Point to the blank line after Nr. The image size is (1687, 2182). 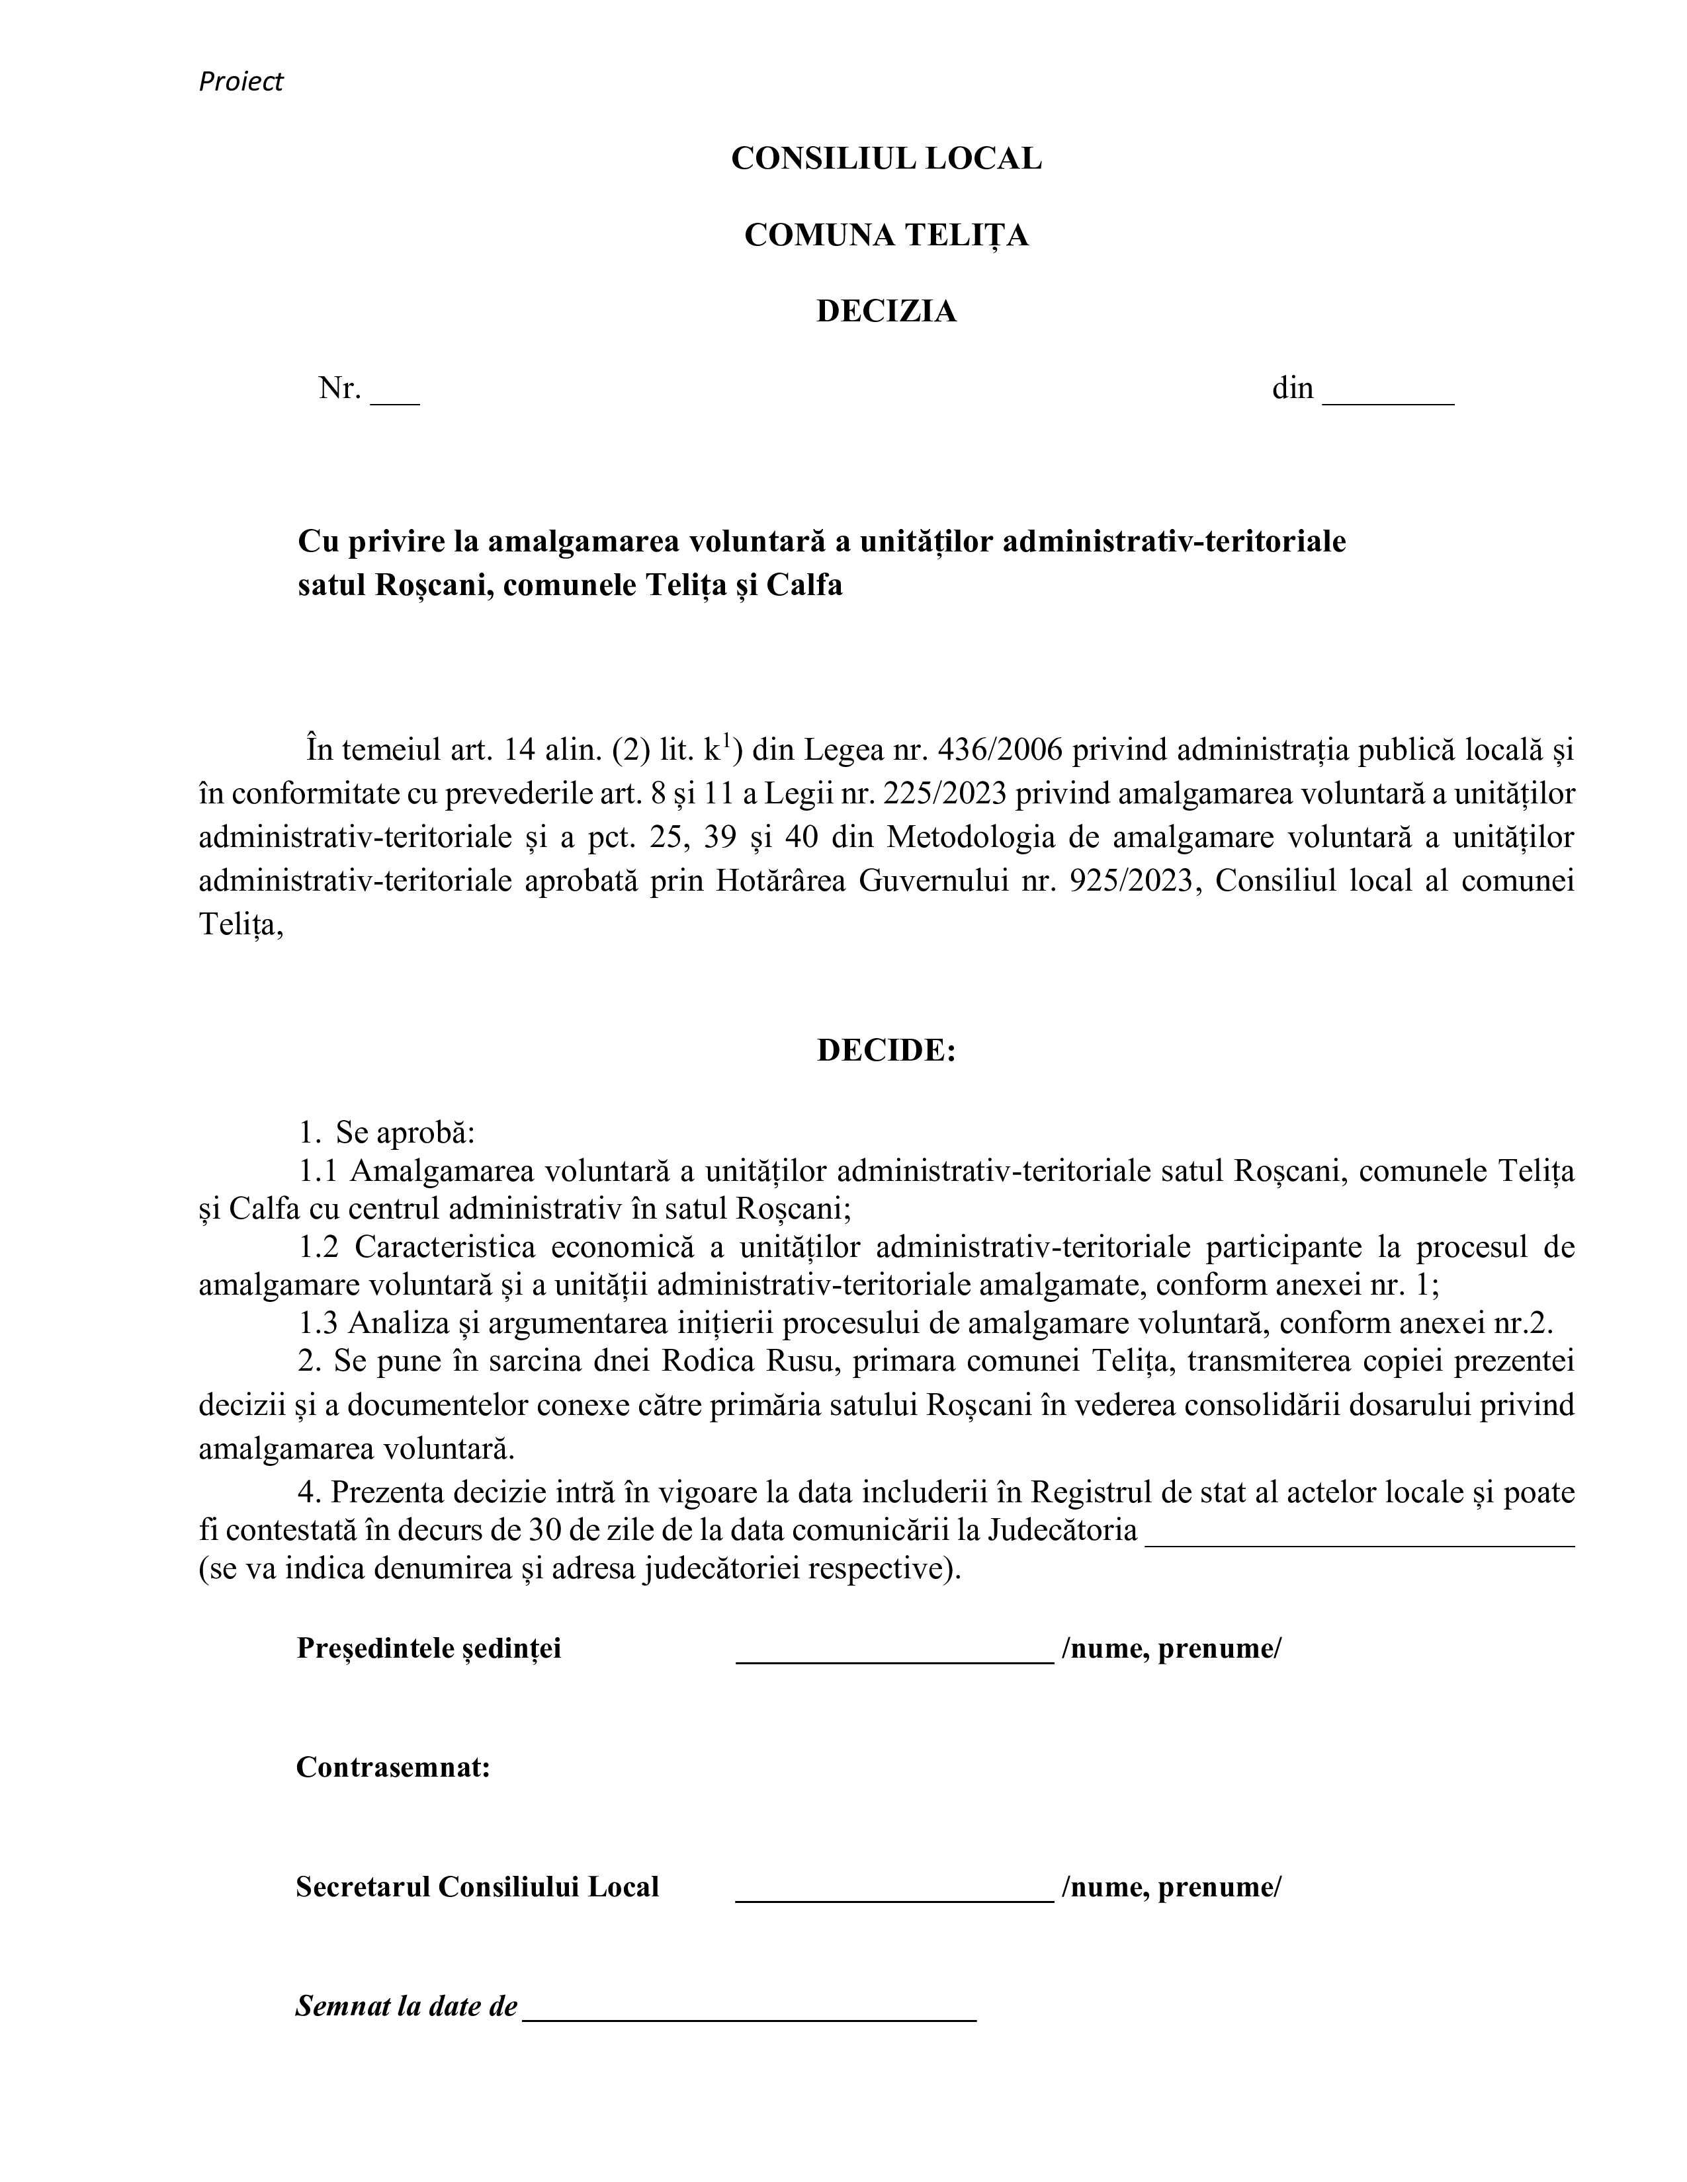395,399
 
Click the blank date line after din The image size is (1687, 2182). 1387,399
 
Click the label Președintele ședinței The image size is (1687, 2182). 429,1648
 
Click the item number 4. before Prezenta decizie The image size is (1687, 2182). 310,1492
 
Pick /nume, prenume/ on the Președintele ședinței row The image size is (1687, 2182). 1170,1648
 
